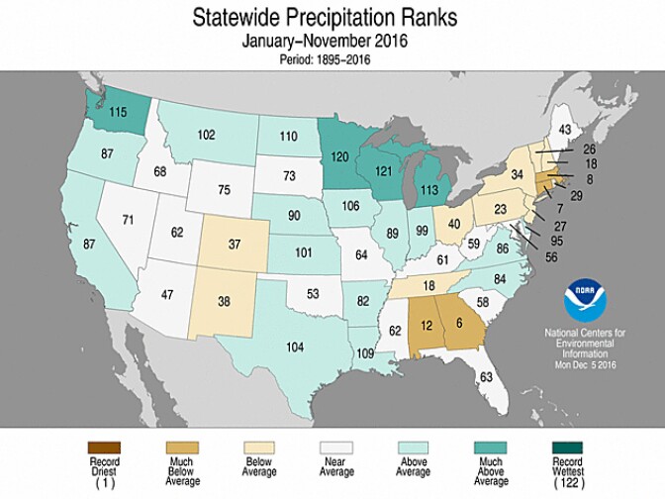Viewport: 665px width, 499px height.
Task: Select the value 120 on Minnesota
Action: click(x=340, y=155)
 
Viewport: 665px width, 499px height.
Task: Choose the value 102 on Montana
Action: click(x=207, y=136)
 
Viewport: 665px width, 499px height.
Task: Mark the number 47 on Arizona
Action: click(x=168, y=295)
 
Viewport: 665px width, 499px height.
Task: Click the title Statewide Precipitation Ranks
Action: click(x=332, y=18)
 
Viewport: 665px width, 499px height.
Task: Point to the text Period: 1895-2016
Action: click(x=332, y=60)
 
